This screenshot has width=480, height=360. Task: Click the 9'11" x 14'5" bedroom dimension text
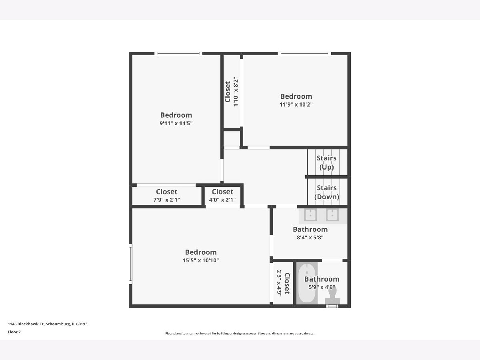(176, 123)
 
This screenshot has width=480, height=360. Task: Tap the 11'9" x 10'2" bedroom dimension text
(296, 104)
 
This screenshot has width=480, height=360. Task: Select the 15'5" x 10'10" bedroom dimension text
(201, 260)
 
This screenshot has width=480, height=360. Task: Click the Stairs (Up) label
(326, 162)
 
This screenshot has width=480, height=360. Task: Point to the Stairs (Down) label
(327, 192)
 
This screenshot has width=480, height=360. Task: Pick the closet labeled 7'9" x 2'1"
(167, 196)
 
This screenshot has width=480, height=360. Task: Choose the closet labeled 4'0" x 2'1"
(222, 196)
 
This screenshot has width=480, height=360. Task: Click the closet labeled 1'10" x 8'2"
(231, 92)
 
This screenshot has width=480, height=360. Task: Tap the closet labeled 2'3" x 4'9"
(283, 283)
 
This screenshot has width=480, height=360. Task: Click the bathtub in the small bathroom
(307, 283)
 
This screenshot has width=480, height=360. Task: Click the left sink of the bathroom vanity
(310, 215)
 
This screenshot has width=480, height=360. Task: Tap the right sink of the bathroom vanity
(332, 215)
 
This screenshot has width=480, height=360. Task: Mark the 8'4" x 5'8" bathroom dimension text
(310, 237)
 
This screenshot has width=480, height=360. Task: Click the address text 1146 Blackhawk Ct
(26, 324)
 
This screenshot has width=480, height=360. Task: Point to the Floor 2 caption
(14, 332)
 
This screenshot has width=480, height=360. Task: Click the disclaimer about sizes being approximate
(240, 333)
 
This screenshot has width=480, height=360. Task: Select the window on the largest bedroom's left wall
(130, 264)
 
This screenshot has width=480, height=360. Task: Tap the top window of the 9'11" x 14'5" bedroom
(178, 54)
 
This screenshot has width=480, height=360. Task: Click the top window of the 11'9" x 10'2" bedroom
(304, 54)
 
